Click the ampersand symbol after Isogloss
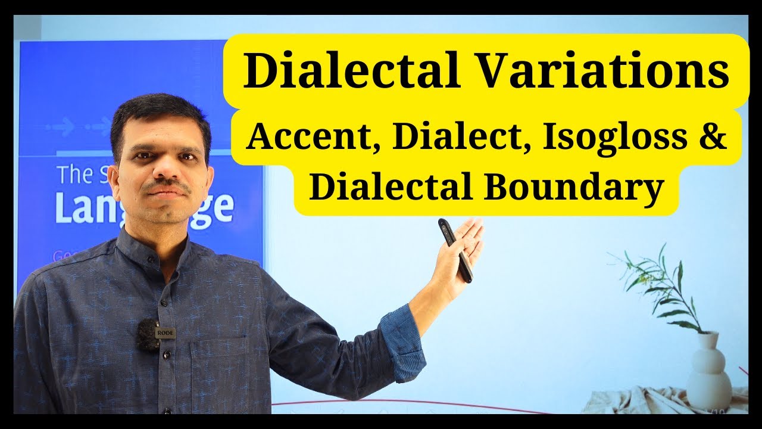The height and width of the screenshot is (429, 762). (713, 138)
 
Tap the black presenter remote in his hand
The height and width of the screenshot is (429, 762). (455, 250)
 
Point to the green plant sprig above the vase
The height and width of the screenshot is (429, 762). (661, 286)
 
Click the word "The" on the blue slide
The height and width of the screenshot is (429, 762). (73, 175)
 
